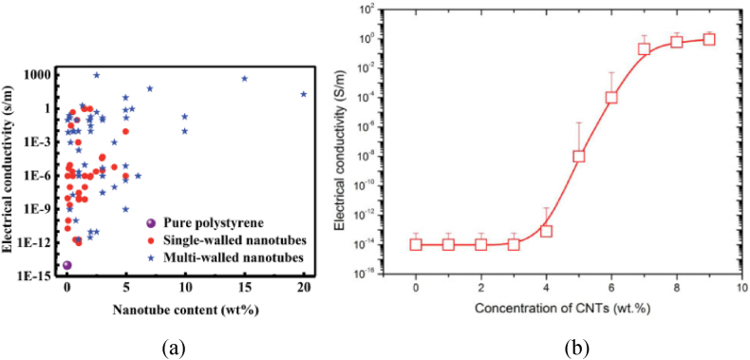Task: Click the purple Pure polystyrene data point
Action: point(66,265)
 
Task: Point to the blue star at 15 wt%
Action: point(245,79)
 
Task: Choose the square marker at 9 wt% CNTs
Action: point(709,39)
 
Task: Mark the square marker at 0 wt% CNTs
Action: point(416,244)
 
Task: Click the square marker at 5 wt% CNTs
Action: point(579,156)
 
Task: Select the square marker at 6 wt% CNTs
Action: point(611,97)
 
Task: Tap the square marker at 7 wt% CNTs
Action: point(644,48)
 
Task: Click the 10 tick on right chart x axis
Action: point(741,289)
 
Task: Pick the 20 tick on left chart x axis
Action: point(304,288)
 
